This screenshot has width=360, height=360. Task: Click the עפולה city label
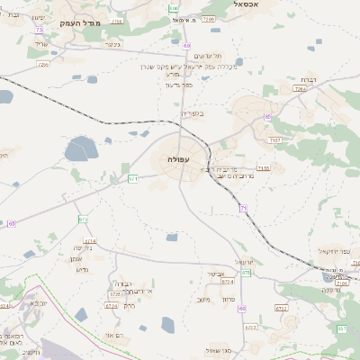(178, 158)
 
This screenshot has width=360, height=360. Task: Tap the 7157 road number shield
(274, 141)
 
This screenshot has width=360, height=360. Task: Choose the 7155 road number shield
(264, 168)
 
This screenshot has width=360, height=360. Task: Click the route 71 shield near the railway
(243, 208)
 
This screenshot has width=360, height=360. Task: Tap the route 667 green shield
(342, 329)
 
